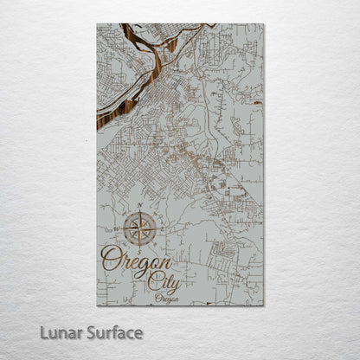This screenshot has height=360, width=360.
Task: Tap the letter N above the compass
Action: pos(139,206)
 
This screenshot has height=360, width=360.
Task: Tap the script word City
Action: pos(164,281)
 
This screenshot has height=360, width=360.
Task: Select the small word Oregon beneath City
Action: pos(168,299)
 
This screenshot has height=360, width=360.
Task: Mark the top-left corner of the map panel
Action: pos(97,23)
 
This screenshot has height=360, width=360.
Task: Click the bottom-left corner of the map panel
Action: pos(97,305)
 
